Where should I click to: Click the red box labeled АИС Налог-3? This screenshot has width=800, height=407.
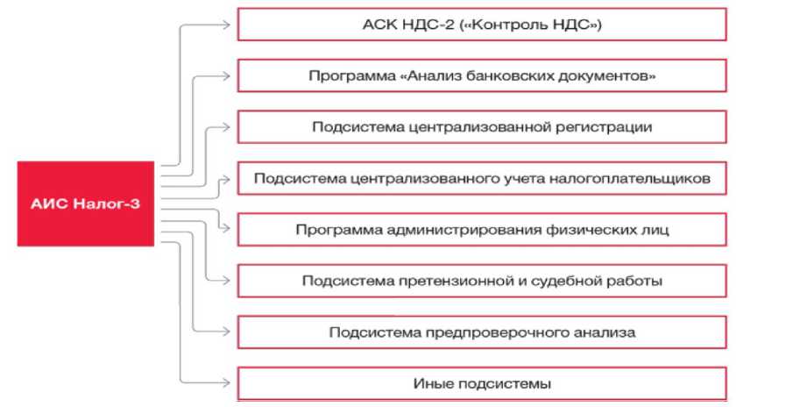point(86,203)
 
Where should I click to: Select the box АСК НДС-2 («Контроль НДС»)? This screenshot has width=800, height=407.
point(481,25)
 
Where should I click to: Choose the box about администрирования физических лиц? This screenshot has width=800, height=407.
point(481,230)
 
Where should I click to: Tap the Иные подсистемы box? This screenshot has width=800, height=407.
point(481,383)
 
